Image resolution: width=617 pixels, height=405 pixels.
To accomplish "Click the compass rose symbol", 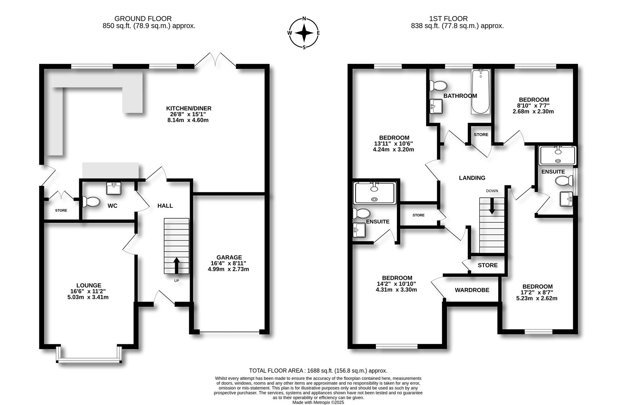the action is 304,33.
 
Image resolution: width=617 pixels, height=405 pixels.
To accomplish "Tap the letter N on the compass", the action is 304,18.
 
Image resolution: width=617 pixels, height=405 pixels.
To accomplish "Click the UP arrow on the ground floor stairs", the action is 176,265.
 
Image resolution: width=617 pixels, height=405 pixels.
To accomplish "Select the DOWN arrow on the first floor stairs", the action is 492,206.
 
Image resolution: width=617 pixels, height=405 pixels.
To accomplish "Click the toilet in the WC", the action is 91,202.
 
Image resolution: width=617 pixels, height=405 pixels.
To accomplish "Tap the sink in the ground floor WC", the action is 114,188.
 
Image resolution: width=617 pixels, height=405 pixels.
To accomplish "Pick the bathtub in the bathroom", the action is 481,91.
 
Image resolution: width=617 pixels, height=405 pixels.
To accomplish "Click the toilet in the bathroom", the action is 438,85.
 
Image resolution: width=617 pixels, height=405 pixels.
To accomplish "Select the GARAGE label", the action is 229,257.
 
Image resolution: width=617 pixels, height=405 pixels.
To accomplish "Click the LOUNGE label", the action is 89,285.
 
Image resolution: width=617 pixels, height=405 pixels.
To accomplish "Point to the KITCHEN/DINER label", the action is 189,108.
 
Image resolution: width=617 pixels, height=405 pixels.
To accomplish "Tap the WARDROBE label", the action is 472,290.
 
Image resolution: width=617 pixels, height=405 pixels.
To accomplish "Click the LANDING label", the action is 472,178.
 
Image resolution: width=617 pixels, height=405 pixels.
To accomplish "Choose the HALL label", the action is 165,206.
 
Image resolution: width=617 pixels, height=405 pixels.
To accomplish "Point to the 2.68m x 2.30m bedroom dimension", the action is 533,112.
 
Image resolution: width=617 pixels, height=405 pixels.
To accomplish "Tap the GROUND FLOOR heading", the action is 143,19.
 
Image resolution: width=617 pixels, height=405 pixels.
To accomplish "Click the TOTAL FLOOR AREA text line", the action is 318,371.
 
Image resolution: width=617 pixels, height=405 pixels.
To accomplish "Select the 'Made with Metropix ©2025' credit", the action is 318,402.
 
